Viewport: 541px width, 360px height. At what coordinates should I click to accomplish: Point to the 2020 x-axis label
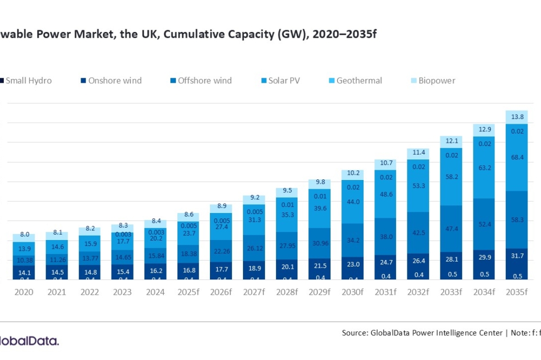(x=24, y=292)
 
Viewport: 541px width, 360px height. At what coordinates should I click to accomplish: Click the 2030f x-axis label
(x=352, y=292)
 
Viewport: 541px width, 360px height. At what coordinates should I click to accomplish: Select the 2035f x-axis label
(x=516, y=292)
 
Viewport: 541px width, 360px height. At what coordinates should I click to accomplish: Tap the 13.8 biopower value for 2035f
(x=517, y=117)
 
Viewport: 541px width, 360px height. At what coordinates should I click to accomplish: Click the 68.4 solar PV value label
(x=517, y=157)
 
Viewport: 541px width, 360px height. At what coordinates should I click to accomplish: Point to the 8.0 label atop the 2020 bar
(x=24, y=235)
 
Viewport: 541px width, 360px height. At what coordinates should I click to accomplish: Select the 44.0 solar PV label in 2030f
(x=352, y=202)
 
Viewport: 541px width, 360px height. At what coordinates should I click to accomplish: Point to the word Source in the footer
(x=355, y=333)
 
